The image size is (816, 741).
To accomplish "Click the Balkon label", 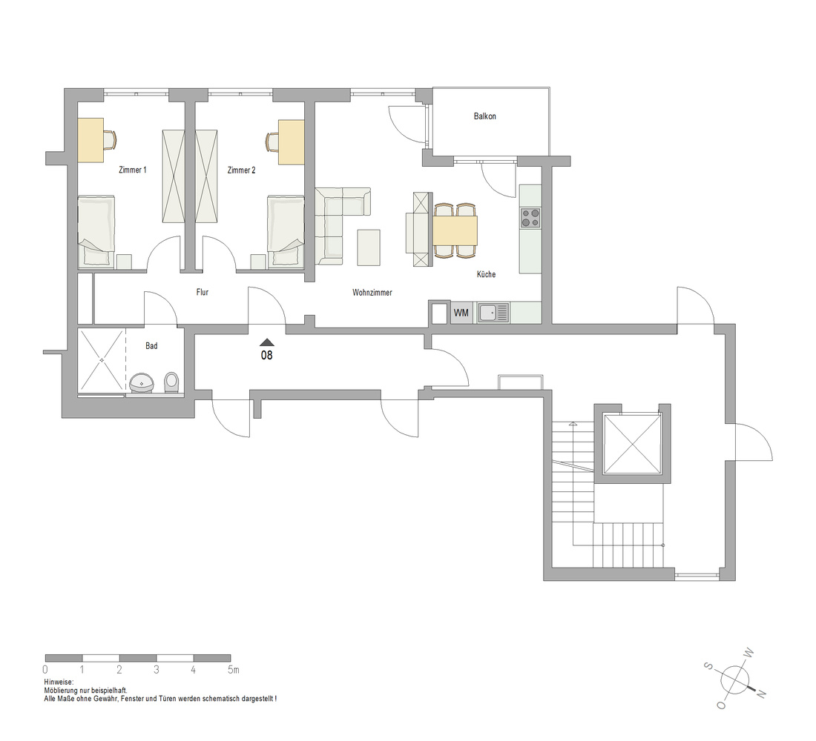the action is tap(484, 116).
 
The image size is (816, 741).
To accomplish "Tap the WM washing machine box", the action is tap(461, 313).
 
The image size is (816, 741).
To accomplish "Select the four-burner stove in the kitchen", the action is tap(530, 217).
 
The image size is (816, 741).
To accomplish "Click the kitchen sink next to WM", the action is tap(493, 313).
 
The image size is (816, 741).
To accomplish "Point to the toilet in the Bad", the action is tap(171, 382).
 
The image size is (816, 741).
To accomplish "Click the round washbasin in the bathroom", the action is tap(142, 382).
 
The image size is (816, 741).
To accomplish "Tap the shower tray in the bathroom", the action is tap(102, 360).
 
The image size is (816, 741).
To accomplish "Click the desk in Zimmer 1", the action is tap(91, 140).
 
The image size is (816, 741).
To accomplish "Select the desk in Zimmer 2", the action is tap(291, 142).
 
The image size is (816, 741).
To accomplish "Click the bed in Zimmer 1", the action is tap(96, 232).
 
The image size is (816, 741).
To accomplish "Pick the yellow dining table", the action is tap(455, 230).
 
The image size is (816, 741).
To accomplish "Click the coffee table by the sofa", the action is tap(369, 247).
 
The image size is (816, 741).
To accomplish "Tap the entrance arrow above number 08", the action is tap(266, 342).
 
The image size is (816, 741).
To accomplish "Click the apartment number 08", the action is tap(266, 355).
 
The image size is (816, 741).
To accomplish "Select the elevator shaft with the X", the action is tap(632, 444).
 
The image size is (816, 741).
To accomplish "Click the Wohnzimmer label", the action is tap(372, 293).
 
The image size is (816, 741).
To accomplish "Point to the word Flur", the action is tap(203, 292).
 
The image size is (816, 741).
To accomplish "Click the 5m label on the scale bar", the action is tap(233, 670).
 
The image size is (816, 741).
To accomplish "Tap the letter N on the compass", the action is tap(762, 694).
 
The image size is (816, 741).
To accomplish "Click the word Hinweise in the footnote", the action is tap(59, 682).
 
